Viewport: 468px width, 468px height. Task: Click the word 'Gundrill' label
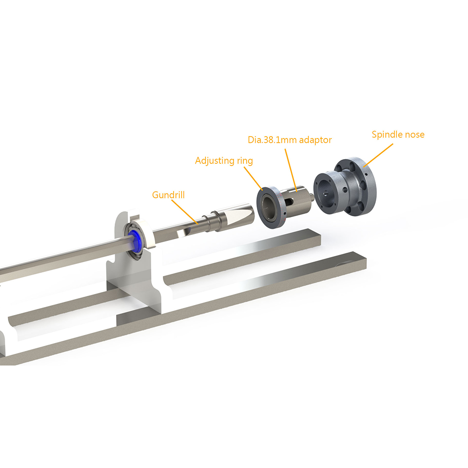point(168,195)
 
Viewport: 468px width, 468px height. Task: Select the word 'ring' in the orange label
point(245,161)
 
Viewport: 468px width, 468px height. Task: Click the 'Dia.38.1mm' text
point(272,139)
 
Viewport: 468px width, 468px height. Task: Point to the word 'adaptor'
point(315,140)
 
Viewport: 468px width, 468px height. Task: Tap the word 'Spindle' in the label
point(387,135)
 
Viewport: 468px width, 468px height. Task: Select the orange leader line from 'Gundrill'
point(185,212)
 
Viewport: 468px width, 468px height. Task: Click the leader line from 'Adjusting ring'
point(253,178)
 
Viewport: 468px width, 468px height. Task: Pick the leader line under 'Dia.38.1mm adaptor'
point(291,170)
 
